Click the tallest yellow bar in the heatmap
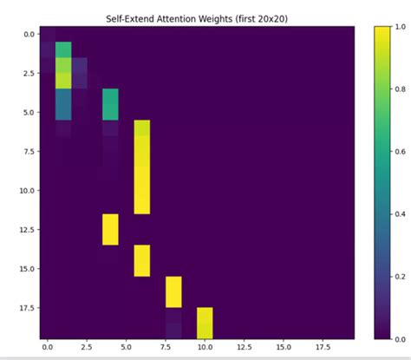tap(142, 167)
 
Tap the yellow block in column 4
tap(110, 229)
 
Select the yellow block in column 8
tap(173, 291)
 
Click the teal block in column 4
tap(110, 104)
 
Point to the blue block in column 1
tap(63, 104)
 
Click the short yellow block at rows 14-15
tap(142, 260)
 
